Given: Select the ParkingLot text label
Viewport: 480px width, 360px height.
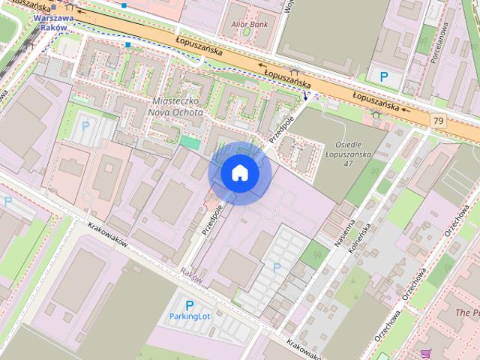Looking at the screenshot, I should pos(189,317).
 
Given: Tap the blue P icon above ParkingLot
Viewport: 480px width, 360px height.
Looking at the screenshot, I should pos(189,305).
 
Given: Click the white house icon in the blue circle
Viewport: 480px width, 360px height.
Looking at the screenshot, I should pos(240,173).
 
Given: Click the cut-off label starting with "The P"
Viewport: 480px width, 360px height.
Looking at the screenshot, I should pos(466,311).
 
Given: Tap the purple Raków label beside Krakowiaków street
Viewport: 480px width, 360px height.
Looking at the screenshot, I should pos(191,276).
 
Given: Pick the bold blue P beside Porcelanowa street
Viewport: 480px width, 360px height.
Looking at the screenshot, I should pos(384,76).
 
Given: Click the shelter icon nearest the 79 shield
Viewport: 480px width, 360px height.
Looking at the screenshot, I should pos(375,114).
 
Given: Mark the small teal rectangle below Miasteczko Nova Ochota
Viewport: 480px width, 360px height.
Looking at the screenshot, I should pos(190,142).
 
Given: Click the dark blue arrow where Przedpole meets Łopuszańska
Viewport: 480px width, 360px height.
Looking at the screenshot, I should pos(307,96).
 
